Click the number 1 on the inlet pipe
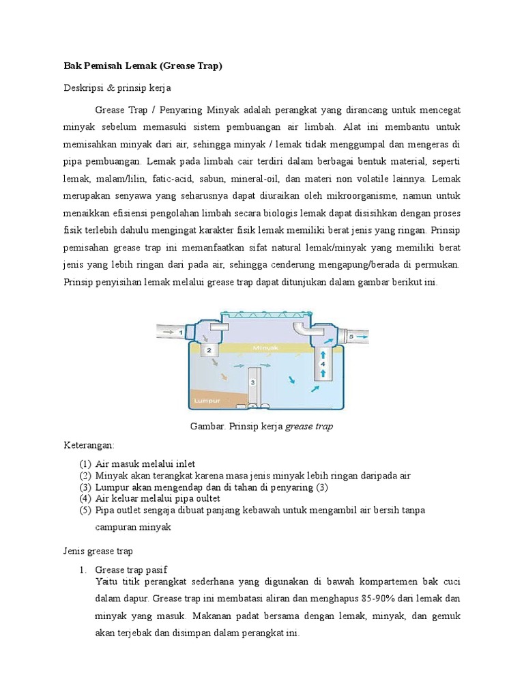click(x=181, y=332)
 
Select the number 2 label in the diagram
click(x=210, y=349)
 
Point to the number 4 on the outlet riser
click(x=323, y=365)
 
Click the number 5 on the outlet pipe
click(x=351, y=337)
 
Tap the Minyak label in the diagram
click(x=266, y=347)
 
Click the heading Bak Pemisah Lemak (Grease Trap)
click(x=143, y=66)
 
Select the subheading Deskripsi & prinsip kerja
click(x=117, y=88)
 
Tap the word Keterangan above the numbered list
click(x=88, y=444)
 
